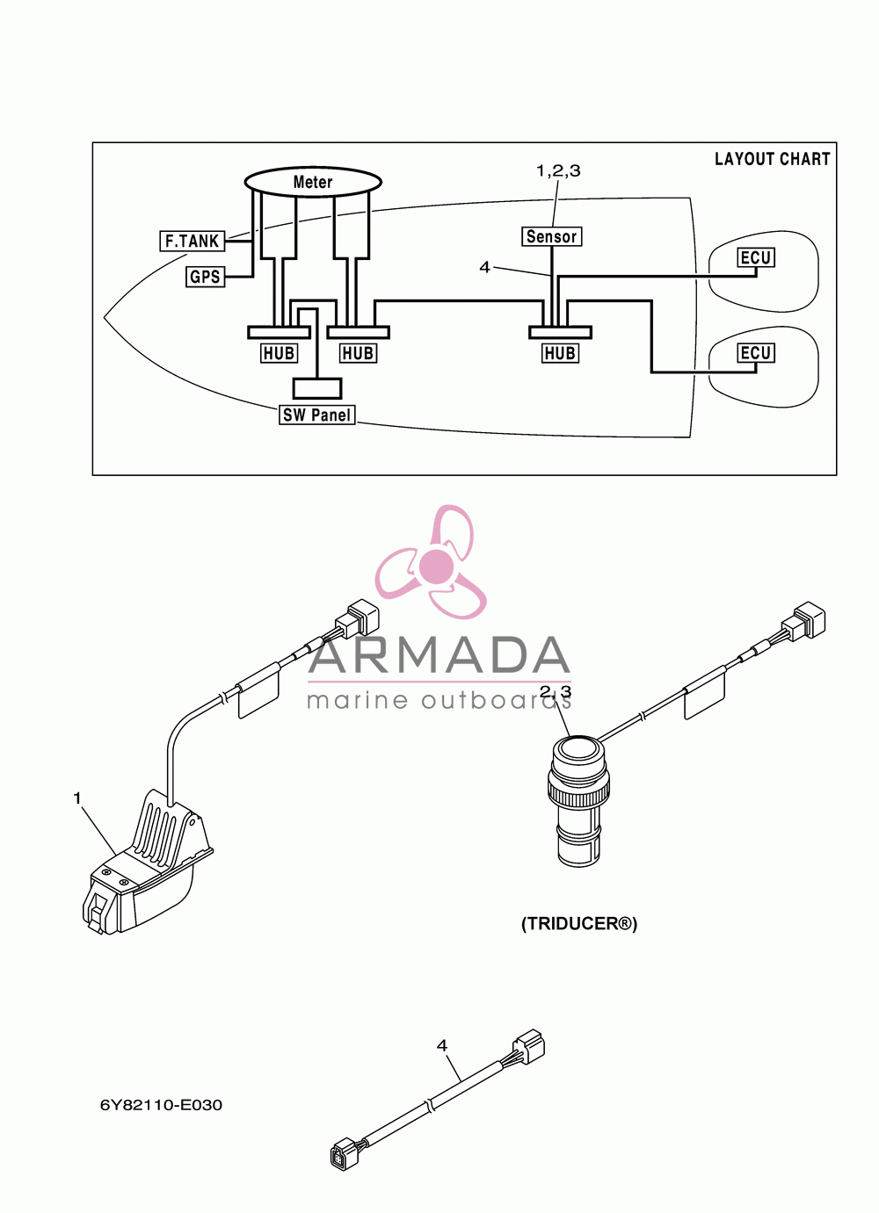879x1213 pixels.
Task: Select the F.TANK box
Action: [x=192, y=241]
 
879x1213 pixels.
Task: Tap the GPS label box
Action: [x=205, y=277]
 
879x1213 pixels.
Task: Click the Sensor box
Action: [x=552, y=236]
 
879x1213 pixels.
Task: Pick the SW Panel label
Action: [x=317, y=415]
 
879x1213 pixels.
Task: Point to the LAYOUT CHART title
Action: [x=773, y=159]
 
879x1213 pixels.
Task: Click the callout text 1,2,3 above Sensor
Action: [x=558, y=170]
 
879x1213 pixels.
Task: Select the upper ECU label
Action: [x=755, y=257]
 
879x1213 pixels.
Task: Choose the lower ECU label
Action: [x=755, y=353]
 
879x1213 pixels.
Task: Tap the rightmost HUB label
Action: [x=560, y=354]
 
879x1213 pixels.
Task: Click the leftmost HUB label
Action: [x=279, y=354]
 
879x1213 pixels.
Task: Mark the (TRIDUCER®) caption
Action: [x=578, y=923]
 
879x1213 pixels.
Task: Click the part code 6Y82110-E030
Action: [x=161, y=1105]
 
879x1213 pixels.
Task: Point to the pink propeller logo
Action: [x=431, y=562]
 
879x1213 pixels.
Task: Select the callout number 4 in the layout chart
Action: [x=484, y=267]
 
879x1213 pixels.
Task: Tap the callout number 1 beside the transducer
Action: [x=77, y=798]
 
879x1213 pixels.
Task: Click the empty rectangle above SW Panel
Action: [x=317, y=388]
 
